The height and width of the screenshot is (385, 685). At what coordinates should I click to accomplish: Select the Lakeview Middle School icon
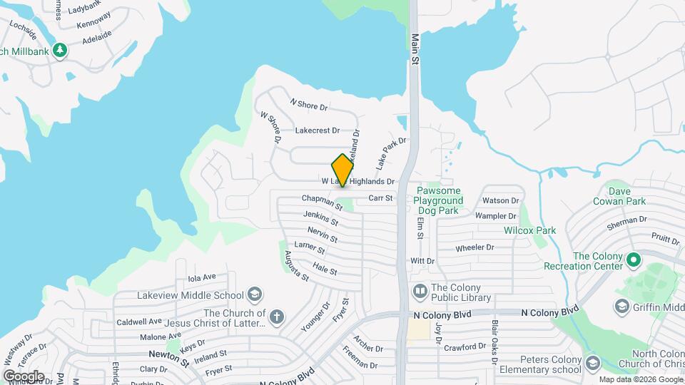tap(254, 294)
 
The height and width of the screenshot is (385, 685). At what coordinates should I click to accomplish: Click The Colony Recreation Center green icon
tap(632, 261)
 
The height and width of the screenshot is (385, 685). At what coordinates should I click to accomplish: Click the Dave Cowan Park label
tap(616, 196)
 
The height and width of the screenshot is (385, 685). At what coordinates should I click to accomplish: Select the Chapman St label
tap(322, 202)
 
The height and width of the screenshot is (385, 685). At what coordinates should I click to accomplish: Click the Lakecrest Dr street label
tap(318, 131)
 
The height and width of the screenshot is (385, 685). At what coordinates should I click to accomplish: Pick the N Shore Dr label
tap(309, 104)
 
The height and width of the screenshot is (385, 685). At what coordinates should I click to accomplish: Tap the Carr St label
tap(380, 198)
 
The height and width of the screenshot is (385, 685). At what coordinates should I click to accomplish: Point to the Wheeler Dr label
tap(475, 247)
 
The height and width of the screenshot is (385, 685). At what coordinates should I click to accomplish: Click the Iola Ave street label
tap(201, 277)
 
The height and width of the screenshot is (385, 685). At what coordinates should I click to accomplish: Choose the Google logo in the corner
tap(24, 376)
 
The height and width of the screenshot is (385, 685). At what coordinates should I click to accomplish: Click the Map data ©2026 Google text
tap(640, 379)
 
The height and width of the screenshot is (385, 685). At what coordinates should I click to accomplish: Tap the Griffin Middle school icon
tap(621, 305)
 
